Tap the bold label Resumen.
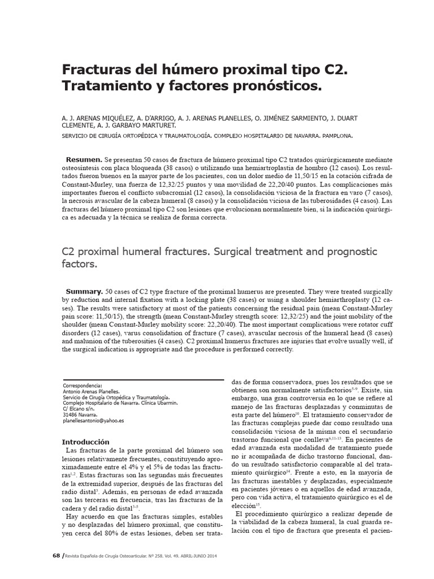pyautogui.click(x=84, y=160)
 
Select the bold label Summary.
pyautogui.click(x=84, y=289)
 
